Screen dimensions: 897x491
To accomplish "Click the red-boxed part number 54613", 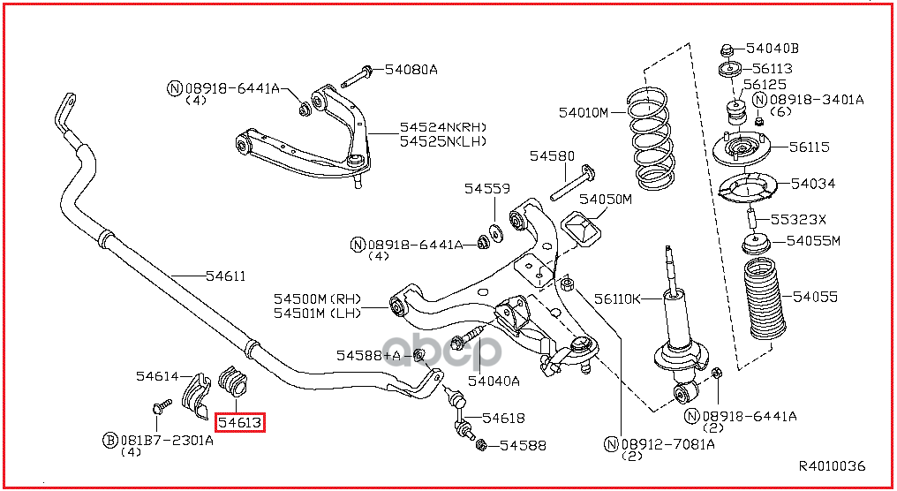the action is (240, 423).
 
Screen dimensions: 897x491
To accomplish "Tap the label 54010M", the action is (584, 113).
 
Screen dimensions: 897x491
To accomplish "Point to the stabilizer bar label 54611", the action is (226, 276).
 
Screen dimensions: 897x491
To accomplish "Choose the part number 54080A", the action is (411, 70).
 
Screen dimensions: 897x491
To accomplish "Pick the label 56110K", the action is (617, 298).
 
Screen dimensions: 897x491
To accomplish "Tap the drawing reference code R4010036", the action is (832, 466).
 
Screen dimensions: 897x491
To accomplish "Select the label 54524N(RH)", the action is (443, 127).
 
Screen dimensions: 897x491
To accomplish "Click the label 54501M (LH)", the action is (317, 313).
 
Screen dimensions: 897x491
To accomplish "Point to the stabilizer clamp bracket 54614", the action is (196, 396).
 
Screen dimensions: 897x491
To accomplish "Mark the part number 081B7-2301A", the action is (167, 440).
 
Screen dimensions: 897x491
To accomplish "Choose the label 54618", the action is (503, 419).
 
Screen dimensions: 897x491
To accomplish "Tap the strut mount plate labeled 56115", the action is (742, 150).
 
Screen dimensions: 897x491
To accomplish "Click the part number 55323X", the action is (798, 220).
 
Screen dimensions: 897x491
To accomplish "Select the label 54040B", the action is (773, 49).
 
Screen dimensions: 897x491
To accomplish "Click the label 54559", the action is (486, 189).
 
